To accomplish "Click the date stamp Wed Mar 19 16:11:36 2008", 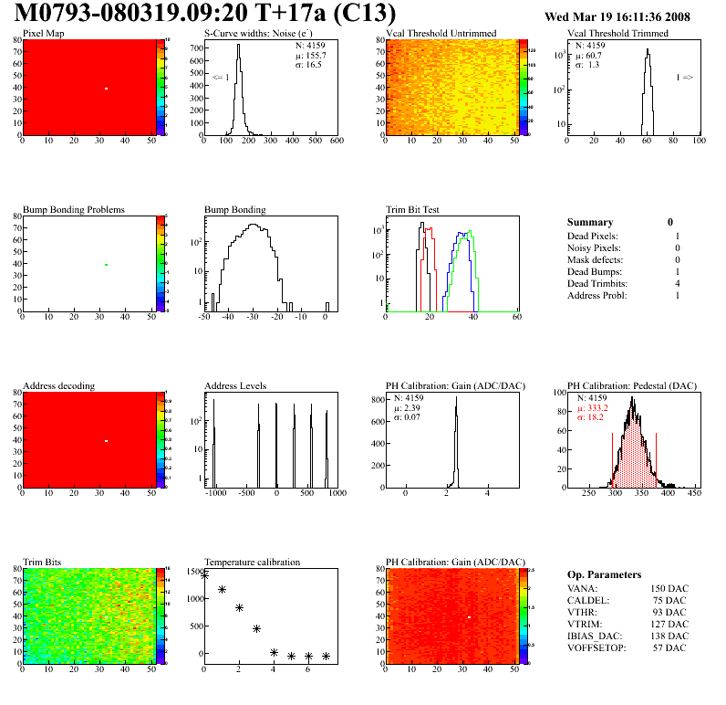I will tap(617, 16).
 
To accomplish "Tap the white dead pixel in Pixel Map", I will tap(106, 89).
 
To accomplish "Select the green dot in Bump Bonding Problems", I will tap(106, 265).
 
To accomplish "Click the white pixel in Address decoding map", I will tap(106, 441).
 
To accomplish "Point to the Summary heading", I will tap(590, 222).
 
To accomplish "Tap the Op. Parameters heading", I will tap(604, 573).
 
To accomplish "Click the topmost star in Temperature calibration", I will tap(204, 575).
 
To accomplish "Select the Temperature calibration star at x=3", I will tap(256, 628).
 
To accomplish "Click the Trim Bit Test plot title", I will tap(413, 209).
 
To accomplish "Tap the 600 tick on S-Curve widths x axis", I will tap(336, 142).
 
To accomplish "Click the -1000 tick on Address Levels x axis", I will tap(216, 492).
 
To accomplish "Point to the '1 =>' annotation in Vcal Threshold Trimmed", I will tap(684, 78).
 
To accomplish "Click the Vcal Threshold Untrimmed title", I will tap(441, 33).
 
